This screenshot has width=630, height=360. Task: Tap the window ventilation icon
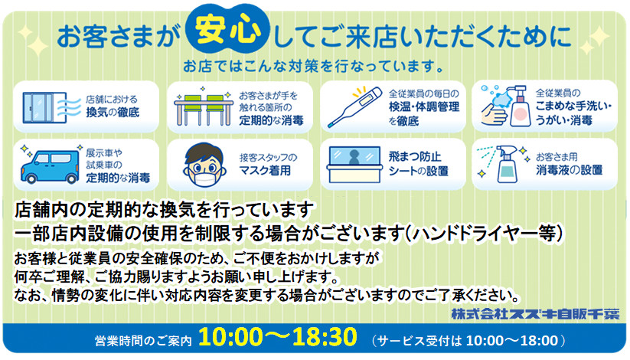pos(47,107)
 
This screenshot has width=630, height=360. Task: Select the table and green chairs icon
pos(204,106)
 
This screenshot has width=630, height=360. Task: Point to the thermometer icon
pos(354,107)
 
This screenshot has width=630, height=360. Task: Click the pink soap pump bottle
pos(520,106)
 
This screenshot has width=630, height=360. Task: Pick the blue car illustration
pos(50,167)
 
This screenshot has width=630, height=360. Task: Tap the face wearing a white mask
pos(204,165)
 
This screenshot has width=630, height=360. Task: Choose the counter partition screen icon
pos(354,165)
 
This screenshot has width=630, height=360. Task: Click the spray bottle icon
pos(507,164)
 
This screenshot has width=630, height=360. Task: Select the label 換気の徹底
pos(113,113)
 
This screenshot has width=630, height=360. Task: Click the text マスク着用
pos(265,171)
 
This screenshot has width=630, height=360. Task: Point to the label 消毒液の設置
pos(569,170)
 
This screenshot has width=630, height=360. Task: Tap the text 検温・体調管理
pos(424,107)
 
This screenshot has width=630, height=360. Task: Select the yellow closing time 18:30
pos(325,337)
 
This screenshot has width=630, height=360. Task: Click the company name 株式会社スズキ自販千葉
pos(535,314)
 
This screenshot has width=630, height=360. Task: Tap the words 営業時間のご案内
pos(143,341)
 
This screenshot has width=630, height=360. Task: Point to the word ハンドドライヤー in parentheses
pos(475,234)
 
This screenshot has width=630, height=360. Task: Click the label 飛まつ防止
pos(415,156)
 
